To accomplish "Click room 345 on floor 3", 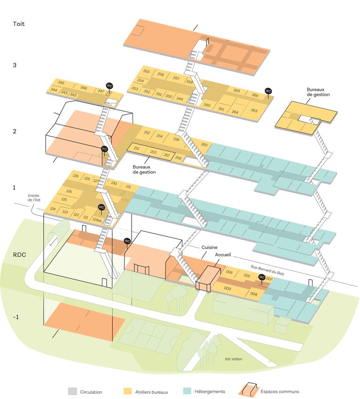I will click(x=61, y=83).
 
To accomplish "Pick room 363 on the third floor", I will click(x=254, y=110).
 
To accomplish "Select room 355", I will click(x=147, y=72).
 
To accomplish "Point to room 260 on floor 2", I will click(x=204, y=145).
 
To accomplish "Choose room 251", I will click(x=137, y=148).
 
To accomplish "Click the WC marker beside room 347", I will click(x=110, y=86).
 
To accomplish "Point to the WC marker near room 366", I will click(x=268, y=91).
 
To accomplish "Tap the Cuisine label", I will click(x=209, y=247).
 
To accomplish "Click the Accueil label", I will click(x=223, y=254).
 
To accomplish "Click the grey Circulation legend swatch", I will click(x=72, y=391).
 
